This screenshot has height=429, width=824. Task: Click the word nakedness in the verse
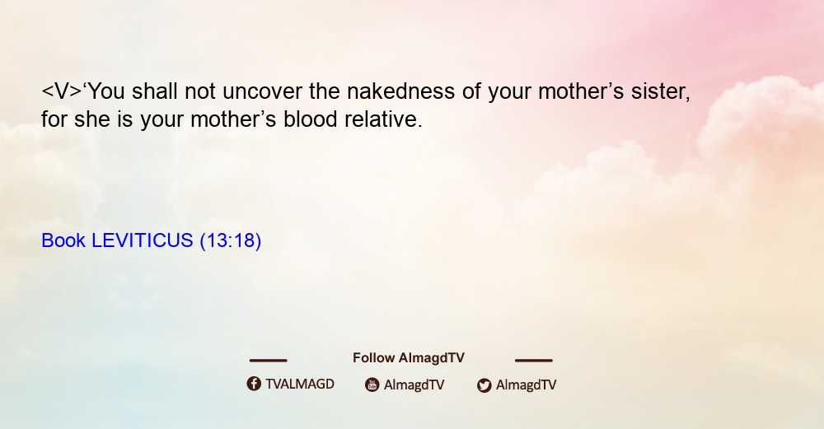(x=401, y=91)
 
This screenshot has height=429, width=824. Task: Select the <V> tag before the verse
(x=62, y=91)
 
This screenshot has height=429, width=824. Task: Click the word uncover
(x=263, y=92)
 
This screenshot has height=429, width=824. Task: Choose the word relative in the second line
(x=384, y=119)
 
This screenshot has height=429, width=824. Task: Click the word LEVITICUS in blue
(x=143, y=240)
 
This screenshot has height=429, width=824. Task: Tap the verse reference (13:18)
(x=231, y=241)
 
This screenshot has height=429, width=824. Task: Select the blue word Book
(x=63, y=240)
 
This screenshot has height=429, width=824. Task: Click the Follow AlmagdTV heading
(x=409, y=358)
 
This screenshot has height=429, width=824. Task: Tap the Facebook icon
(x=254, y=384)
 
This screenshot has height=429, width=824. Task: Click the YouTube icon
(x=372, y=385)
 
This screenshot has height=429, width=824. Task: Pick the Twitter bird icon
(x=484, y=385)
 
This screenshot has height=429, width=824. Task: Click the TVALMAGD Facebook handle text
(x=300, y=385)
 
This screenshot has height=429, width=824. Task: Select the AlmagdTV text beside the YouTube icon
(x=414, y=385)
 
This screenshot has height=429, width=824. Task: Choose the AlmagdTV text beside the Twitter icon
(x=526, y=385)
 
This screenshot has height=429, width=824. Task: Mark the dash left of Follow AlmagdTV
(x=268, y=361)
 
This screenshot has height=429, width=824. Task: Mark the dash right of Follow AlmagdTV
(x=534, y=361)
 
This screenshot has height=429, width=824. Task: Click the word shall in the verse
(x=155, y=91)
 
